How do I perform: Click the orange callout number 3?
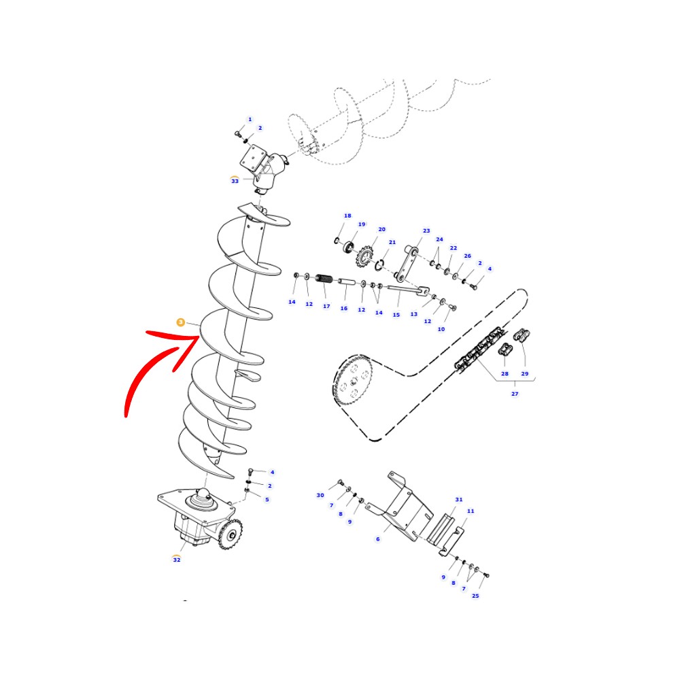tap(180, 322)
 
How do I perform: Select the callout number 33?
tap(235, 181)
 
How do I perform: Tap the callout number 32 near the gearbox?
tap(177, 560)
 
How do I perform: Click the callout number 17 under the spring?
tap(326, 306)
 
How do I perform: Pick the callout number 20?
tap(381, 229)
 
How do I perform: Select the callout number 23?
tap(426, 231)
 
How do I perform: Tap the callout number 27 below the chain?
tap(515, 394)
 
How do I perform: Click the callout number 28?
tap(505, 373)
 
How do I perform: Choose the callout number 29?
tap(525, 373)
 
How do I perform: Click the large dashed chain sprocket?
tap(353, 380)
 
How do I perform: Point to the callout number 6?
tap(377, 539)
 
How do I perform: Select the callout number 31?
tap(459, 500)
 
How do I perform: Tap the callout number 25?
tap(475, 596)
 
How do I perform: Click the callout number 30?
tap(320, 495)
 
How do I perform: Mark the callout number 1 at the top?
tap(250, 119)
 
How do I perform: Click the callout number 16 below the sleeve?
tap(344, 308)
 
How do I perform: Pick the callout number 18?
tap(347, 216)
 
